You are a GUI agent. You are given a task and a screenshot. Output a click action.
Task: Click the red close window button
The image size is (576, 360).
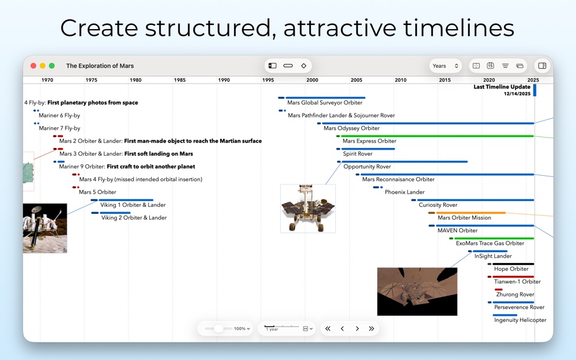(33, 65)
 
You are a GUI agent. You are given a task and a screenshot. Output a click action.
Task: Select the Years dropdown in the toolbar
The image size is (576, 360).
(445, 65)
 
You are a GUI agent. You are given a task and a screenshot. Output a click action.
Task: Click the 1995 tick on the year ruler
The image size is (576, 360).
(268, 80)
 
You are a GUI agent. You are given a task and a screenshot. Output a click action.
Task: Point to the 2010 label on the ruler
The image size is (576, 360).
(400, 80)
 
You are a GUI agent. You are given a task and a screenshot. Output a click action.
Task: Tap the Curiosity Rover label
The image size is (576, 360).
(438, 205)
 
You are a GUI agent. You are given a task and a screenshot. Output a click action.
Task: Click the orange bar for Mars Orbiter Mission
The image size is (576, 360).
(471, 213)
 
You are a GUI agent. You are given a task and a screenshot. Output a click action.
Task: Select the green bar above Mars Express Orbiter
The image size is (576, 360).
(437, 136)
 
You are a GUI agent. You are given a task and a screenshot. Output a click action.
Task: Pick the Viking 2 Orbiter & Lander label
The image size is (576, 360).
(133, 218)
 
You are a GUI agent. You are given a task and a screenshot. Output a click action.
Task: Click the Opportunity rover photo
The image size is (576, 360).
(307, 208)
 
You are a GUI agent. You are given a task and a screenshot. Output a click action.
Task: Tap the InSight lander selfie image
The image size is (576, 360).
(417, 292)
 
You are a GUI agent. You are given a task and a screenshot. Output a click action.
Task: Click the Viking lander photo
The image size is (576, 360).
(45, 228)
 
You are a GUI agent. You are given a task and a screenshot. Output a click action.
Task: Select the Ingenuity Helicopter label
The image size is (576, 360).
(520, 320)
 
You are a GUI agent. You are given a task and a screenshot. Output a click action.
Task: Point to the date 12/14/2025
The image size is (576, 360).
(517, 94)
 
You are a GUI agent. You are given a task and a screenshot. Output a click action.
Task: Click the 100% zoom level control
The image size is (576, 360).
(242, 328)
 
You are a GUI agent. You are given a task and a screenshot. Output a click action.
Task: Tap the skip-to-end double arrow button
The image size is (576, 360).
(371, 328)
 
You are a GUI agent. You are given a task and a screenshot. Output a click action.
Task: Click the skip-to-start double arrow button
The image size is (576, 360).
(328, 328)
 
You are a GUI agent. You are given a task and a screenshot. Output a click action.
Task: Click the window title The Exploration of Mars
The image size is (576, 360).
(100, 65)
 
